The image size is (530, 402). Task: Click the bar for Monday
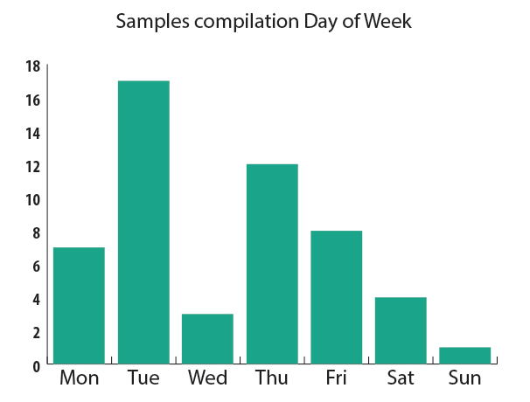click(79, 305)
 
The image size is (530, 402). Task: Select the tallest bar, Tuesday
click(143, 222)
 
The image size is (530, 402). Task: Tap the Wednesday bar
click(207, 338)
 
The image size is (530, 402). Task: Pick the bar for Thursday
click(272, 263)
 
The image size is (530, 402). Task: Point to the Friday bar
click(337, 296)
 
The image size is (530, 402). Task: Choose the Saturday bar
click(401, 329)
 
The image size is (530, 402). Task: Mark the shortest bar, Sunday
click(464, 355)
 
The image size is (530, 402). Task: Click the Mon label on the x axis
click(79, 378)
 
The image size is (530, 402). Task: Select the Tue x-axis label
click(143, 378)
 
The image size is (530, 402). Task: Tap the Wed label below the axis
click(207, 378)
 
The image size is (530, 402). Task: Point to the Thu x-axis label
click(272, 378)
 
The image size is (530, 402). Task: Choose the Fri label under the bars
click(337, 378)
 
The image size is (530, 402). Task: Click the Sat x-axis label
click(401, 378)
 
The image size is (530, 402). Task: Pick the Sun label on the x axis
click(464, 378)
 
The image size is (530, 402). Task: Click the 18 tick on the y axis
click(33, 66)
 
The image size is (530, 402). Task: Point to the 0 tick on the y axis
click(37, 365)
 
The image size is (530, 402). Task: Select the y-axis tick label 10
click(33, 199)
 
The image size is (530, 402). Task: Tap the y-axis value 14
click(33, 133)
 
